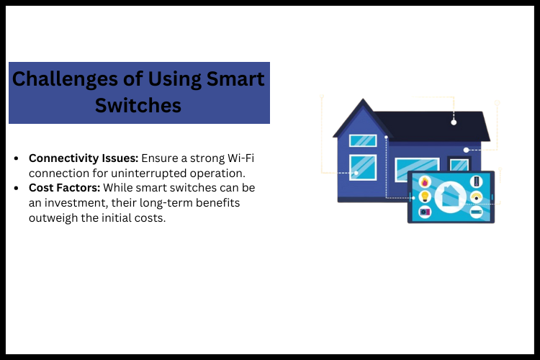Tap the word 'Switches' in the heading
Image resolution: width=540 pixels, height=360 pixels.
pyautogui.click(x=138, y=105)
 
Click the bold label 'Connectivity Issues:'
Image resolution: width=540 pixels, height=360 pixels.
pyautogui.click(x=84, y=158)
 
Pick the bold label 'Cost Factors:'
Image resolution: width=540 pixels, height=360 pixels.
pyautogui.click(x=65, y=187)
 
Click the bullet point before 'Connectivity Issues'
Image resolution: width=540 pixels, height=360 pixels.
pyautogui.click(x=17, y=158)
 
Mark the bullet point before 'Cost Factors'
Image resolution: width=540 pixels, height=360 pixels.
pyautogui.click(x=17, y=187)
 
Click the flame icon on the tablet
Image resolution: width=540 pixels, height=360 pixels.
pyautogui.click(x=425, y=181)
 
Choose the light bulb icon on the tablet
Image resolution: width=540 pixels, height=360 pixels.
pyautogui.click(x=425, y=197)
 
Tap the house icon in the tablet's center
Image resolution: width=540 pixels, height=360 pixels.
pyautogui.click(x=451, y=197)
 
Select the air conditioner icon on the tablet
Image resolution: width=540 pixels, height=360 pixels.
pyautogui.click(x=476, y=212)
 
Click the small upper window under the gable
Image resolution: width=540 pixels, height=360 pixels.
pyautogui.click(x=362, y=140)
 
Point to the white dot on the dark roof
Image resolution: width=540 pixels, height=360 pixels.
pyautogui.click(x=454, y=122)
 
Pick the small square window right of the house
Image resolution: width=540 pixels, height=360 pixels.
pyautogui.click(x=459, y=165)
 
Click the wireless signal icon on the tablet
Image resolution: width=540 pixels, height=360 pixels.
pyautogui.click(x=476, y=197)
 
